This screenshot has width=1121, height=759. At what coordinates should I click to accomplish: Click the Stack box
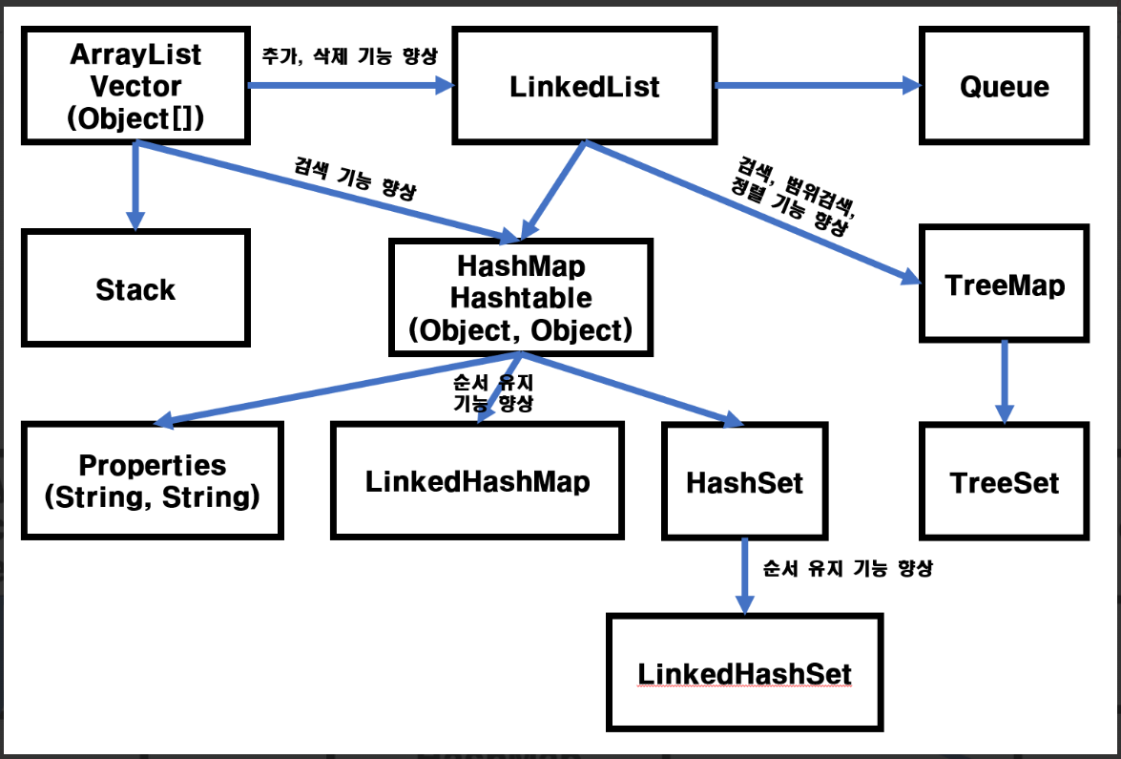135,288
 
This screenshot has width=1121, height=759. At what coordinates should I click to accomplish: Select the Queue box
1005,86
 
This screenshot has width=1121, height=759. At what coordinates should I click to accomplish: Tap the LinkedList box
585,86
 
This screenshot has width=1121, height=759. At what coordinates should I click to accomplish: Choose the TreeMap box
1005,284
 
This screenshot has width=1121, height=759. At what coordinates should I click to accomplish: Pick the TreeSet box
1005,481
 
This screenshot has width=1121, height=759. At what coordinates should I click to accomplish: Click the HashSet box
745,481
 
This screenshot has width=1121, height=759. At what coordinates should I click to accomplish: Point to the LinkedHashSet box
745,672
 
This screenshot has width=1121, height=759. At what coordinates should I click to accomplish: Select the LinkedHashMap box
478,480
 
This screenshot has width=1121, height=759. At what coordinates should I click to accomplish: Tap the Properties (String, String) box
153,481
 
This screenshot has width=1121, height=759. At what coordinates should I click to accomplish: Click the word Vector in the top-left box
135,87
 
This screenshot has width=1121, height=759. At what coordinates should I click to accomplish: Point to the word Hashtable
521,298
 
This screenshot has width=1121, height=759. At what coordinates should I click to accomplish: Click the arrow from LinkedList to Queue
818,86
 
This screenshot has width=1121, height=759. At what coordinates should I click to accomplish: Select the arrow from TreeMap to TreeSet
1005,382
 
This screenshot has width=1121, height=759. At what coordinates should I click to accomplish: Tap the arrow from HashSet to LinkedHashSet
745,576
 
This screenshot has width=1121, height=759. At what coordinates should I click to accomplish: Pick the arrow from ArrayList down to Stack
135,186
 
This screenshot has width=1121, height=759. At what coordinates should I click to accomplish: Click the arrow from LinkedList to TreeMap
753,213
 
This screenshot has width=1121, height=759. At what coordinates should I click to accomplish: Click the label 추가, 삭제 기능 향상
349,55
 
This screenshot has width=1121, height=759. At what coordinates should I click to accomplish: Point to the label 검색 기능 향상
355,179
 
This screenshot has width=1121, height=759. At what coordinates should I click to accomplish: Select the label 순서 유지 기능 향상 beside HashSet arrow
848,569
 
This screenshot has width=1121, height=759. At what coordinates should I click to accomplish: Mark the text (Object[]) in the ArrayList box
135,118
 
